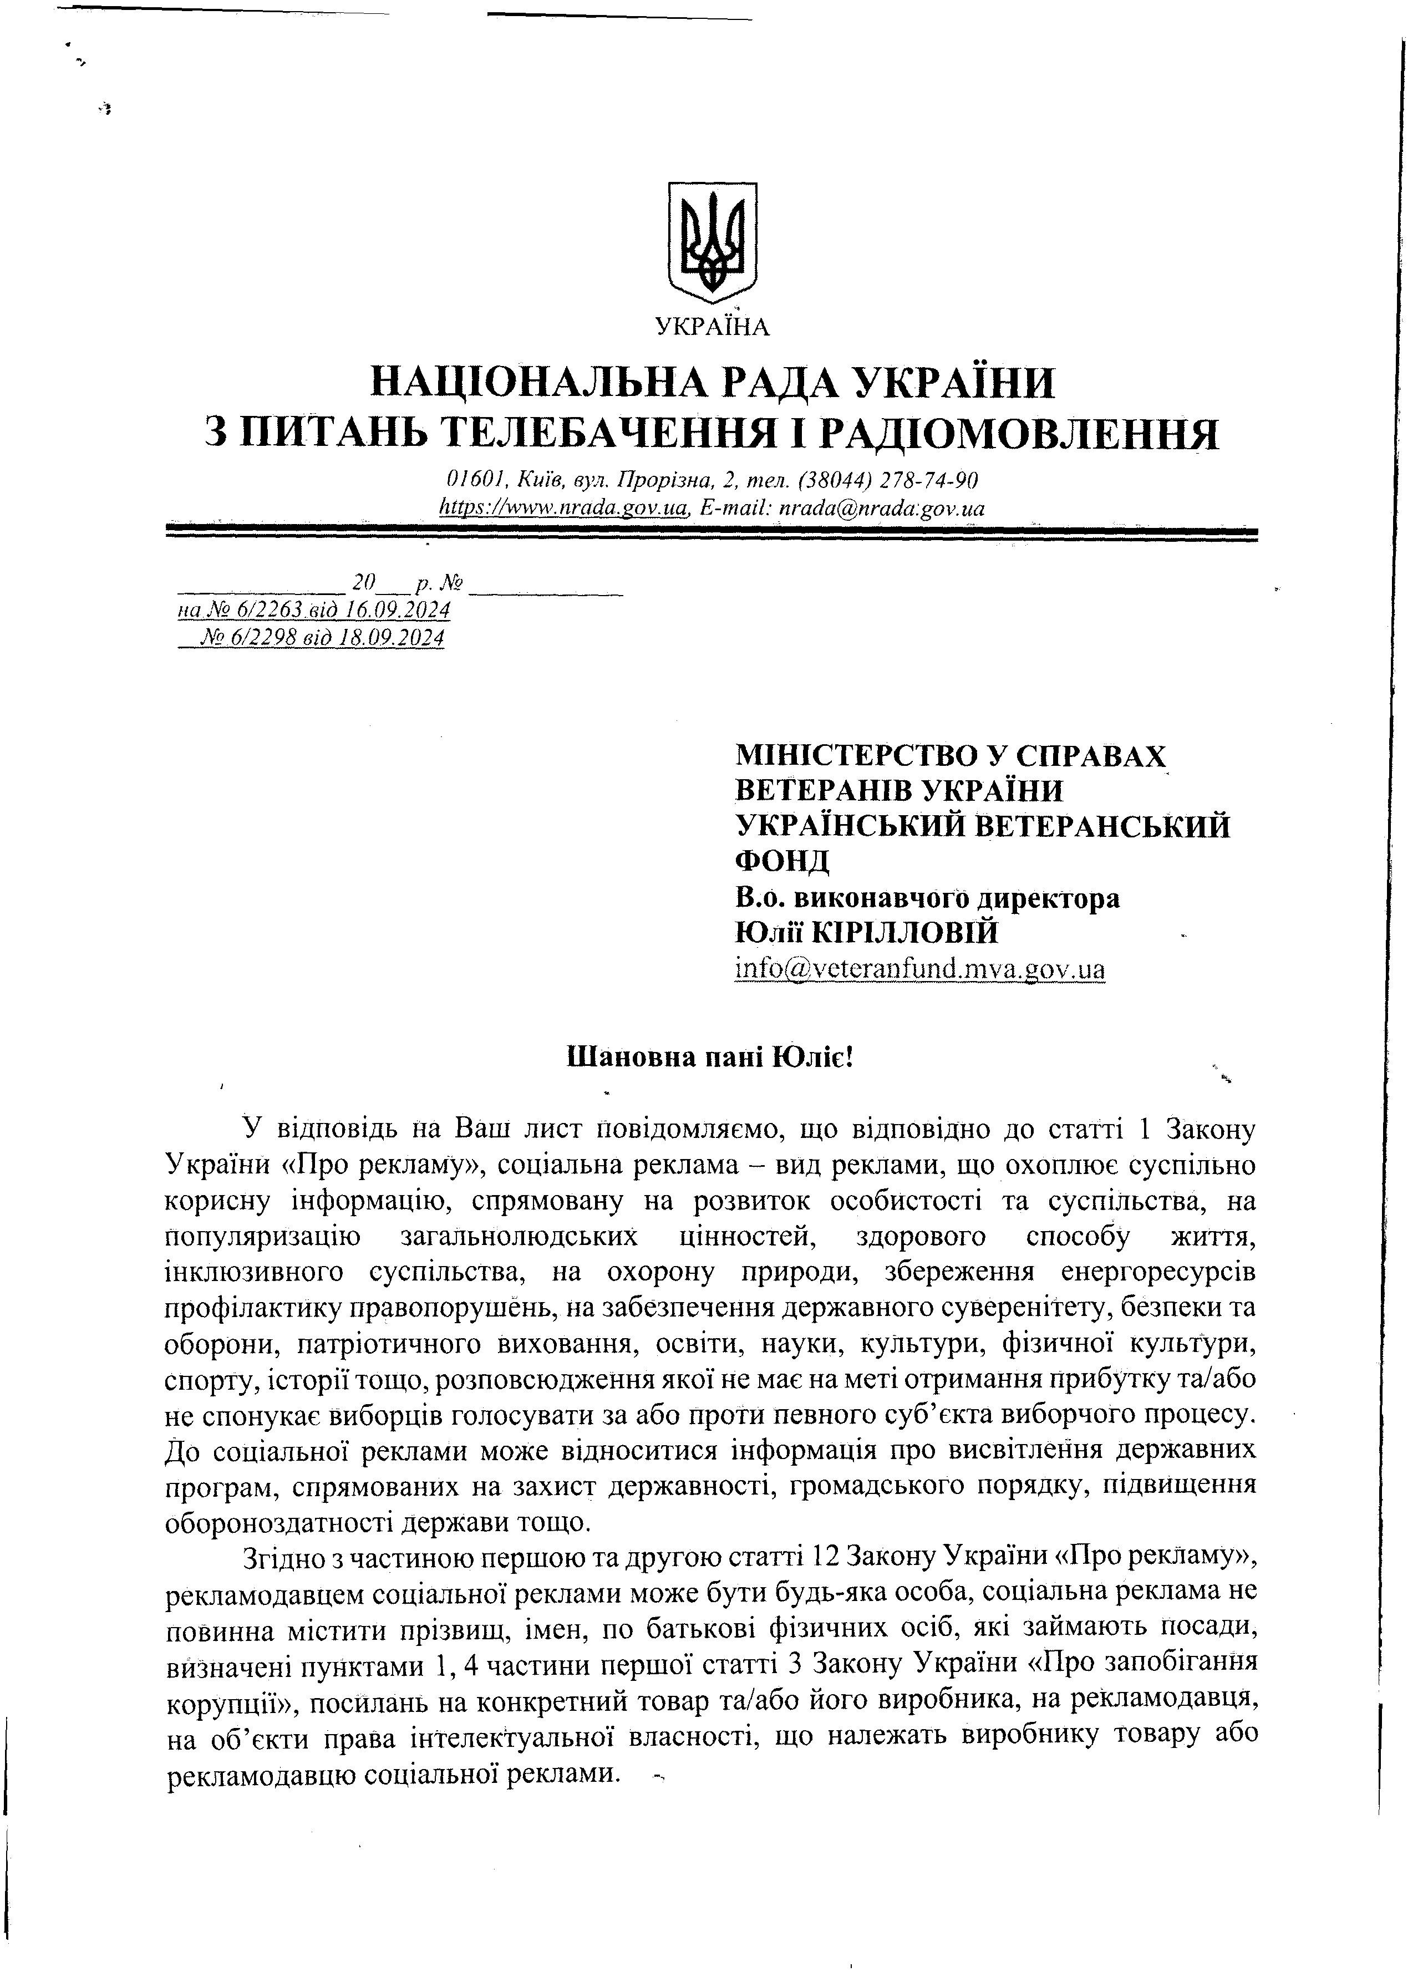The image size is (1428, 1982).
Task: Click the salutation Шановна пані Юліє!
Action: [x=710, y=1058]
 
